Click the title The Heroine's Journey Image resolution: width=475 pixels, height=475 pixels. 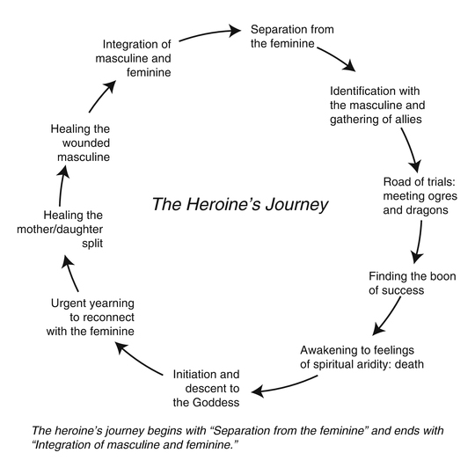(240, 205)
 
